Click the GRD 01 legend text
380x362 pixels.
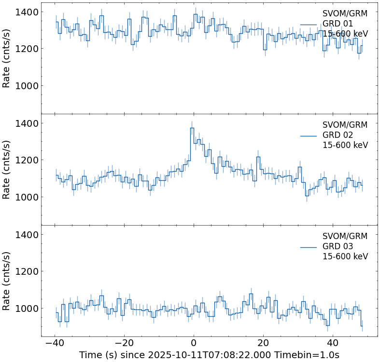[x=338, y=24]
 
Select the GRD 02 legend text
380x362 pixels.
[x=338, y=135]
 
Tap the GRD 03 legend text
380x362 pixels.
[x=338, y=247]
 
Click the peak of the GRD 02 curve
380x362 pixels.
[x=192, y=128]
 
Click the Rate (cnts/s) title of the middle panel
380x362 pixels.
[x=7, y=170]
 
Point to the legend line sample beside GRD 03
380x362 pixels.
[x=308, y=247]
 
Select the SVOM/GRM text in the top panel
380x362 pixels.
[x=345, y=13]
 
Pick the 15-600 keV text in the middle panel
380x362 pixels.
[x=345, y=145]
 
